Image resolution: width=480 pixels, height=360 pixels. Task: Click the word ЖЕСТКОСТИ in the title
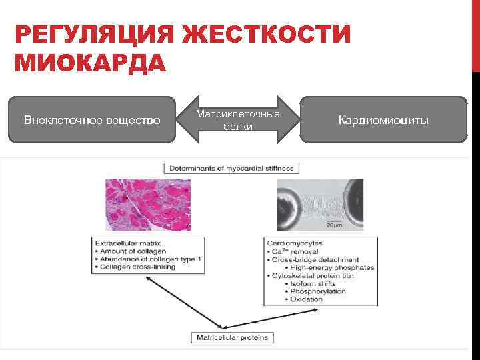tap(267, 35)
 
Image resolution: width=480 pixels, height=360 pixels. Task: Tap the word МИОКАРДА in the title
tap(90, 64)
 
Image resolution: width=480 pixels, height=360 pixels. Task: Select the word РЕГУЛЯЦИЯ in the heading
tap(93, 35)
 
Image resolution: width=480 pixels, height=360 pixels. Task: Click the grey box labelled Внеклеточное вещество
tap(92, 120)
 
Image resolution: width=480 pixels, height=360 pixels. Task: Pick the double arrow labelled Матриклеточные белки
tap(238, 120)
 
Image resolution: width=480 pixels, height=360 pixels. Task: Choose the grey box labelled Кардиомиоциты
tap(383, 120)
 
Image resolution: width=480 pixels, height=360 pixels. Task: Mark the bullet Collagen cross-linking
tap(139, 267)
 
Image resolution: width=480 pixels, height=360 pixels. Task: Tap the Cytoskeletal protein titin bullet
tap(312, 275)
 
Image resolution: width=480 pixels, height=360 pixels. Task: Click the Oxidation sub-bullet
tap(306, 299)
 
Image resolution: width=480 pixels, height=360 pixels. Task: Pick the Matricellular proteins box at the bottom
tap(232, 337)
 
